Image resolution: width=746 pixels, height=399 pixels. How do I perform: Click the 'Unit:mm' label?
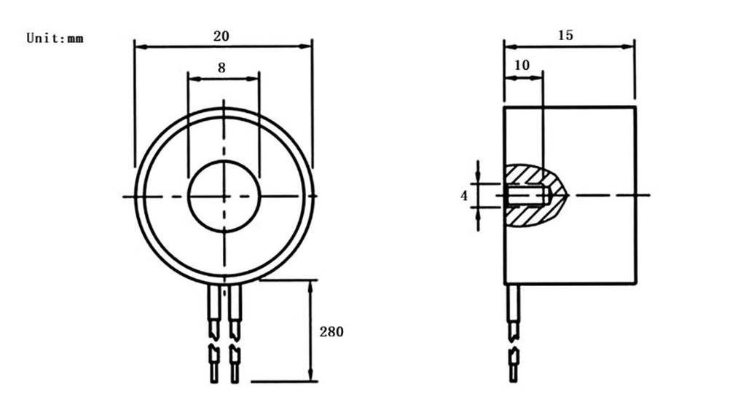(x=55, y=38)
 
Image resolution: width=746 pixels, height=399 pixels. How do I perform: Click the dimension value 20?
(x=221, y=36)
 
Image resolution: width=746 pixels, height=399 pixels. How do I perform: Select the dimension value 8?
(x=221, y=68)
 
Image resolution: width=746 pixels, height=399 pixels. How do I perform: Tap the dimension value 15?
(x=565, y=35)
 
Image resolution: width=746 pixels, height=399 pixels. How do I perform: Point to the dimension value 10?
(x=522, y=65)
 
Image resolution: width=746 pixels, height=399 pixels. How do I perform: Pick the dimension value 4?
(x=464, y=195)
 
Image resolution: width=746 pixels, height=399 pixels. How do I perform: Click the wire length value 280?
(x=331, y=331)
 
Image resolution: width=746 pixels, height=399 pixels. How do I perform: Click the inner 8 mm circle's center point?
(x=224, y=196)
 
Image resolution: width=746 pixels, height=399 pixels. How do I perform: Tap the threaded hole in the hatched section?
(x=527, y=195)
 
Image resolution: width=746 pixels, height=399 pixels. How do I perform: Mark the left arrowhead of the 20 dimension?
(x=140, y=47)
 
